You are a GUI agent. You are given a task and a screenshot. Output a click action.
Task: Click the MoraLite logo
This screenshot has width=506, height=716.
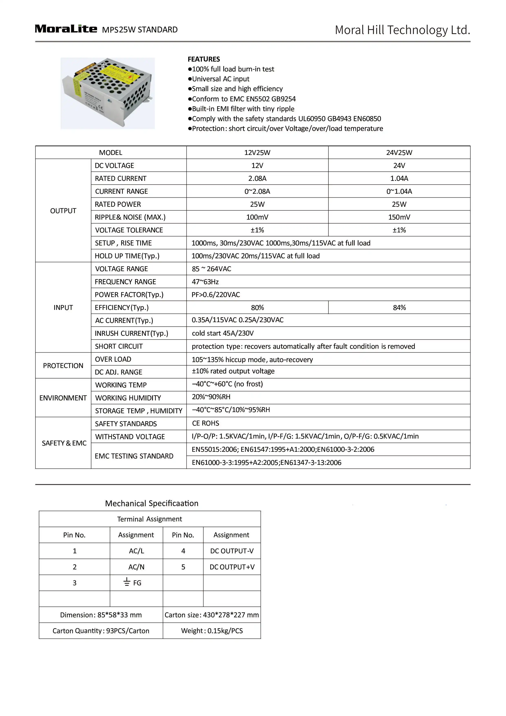point(66,29)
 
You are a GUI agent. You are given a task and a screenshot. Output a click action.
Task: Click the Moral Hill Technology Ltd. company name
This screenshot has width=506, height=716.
point(402,30)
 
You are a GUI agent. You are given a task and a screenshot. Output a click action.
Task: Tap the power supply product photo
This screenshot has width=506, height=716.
point(108,93)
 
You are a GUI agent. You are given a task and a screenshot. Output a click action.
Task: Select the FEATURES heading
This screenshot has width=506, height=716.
point(203,59)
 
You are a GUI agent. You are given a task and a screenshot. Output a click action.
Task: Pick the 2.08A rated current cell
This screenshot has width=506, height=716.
point(257,178)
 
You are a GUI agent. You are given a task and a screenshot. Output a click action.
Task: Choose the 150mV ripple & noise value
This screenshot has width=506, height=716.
point(399,217)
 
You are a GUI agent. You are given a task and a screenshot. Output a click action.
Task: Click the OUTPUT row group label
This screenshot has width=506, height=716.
point(63,211)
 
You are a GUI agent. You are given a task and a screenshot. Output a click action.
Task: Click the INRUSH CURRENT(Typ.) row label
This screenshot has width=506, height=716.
point(131,333)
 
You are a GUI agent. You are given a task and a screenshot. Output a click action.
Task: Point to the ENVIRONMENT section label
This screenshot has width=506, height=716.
point(63,398)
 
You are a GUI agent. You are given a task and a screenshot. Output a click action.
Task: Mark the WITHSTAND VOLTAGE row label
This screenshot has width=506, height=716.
point(130,436)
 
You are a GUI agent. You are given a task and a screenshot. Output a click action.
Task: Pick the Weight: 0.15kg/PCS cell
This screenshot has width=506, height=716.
point(212,631)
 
